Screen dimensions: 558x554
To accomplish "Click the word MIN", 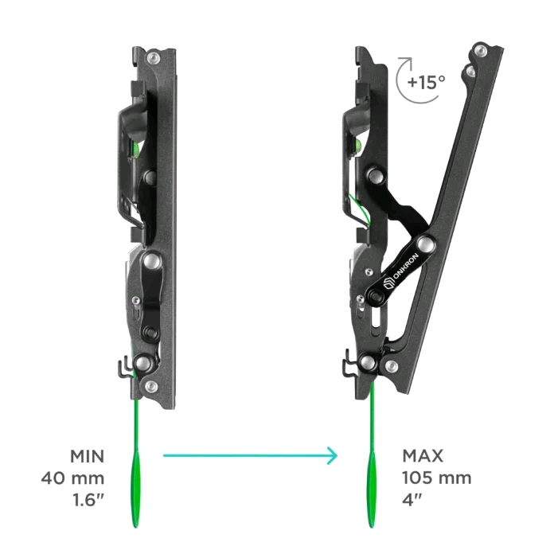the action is coord(88,456).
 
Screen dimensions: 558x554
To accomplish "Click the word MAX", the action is coord(423,456).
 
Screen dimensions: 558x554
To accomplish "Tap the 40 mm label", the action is coord(72,478).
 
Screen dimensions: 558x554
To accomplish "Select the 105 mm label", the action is coord(437,478).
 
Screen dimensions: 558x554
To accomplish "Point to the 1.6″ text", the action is coord(88,500).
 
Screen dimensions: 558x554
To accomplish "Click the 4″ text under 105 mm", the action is coord(412,500).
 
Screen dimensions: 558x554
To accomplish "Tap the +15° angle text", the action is coord(427,82).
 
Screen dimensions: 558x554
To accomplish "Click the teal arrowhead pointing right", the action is coord(333,455).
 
